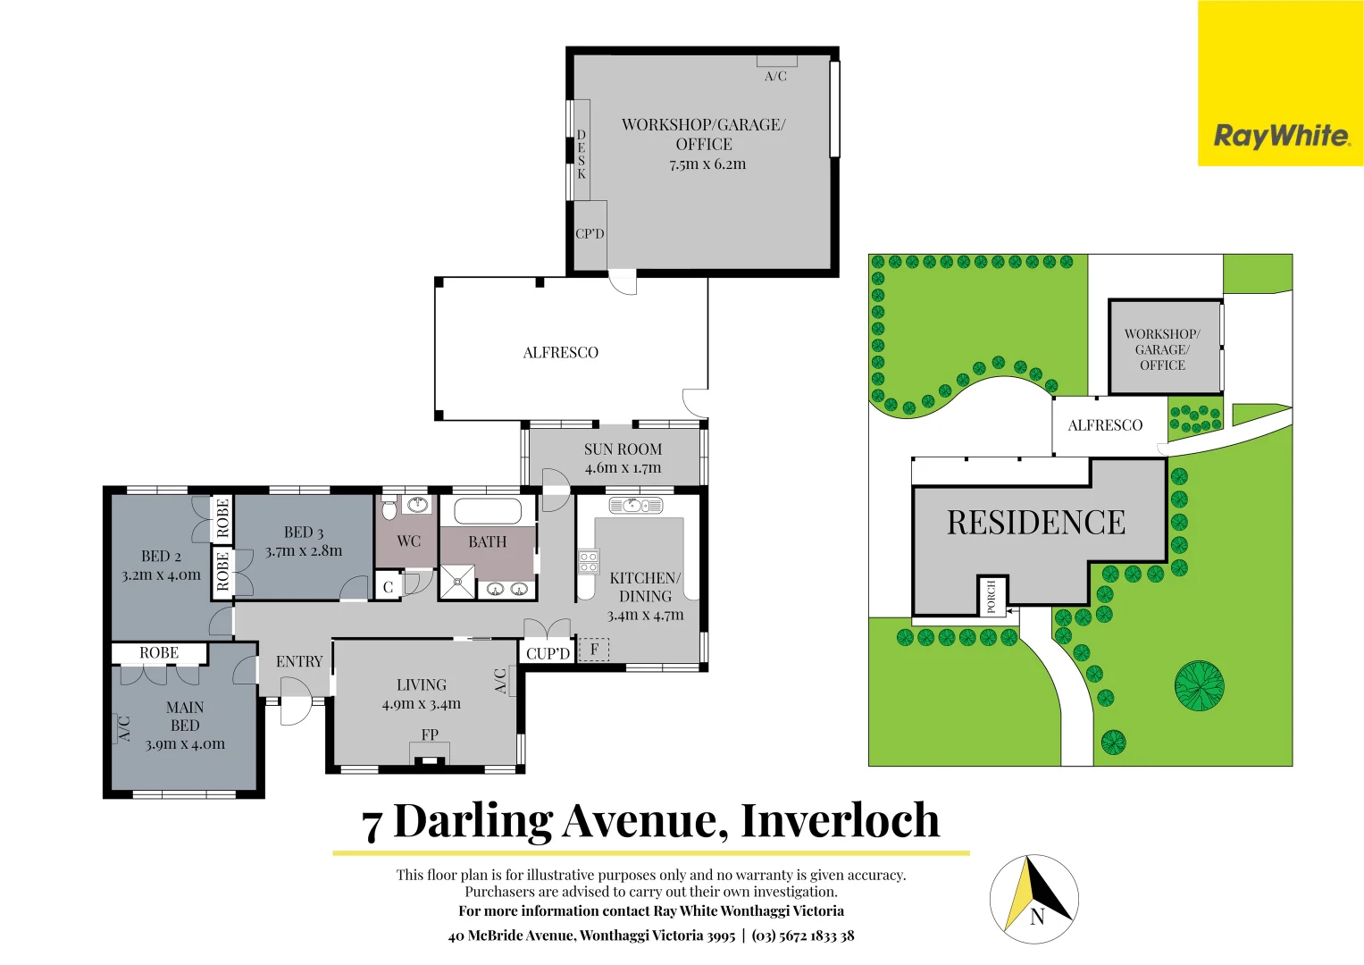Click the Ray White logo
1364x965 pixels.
[1281, 136]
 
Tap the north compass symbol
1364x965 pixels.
[1034, 899]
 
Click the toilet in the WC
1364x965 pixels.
[389, 509]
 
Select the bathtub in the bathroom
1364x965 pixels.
[488, 512]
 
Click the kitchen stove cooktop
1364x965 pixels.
[588, 561]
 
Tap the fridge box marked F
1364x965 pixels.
[594, 650]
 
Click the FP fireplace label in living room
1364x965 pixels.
[430, 734]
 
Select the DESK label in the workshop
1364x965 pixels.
[581, 155]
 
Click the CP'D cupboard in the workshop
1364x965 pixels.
[590, 234]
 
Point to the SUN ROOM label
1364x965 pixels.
[623, 449]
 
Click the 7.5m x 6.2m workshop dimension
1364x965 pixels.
[707, 164]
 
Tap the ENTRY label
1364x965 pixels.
[299, 662]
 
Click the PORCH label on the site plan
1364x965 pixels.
[991, 597]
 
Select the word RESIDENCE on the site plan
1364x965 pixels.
[1036, 523]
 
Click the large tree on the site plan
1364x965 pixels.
[1199, 686]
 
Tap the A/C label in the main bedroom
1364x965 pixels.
[124, 728]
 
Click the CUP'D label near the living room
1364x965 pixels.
[548, 653]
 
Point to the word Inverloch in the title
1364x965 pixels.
[840, 820]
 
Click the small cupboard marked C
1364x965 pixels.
[388, 587]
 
